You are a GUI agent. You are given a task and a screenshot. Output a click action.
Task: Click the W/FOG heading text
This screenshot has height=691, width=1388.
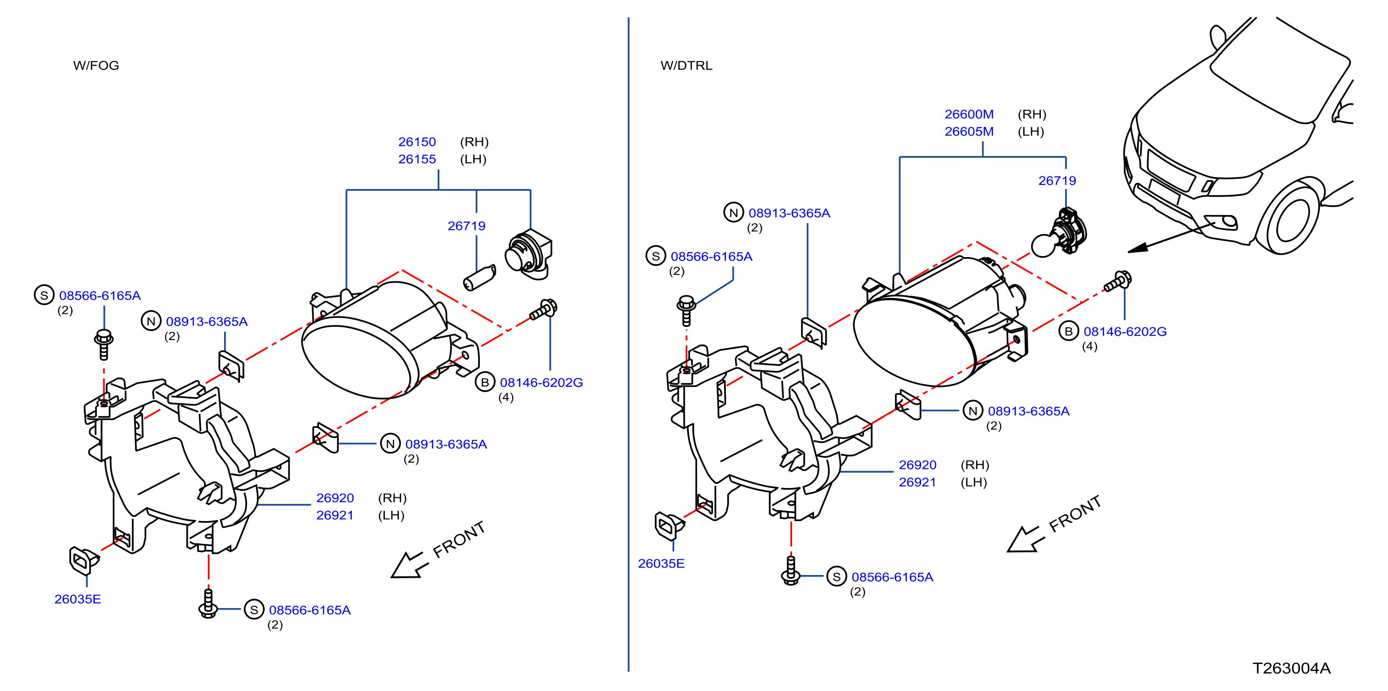tap(96, 65)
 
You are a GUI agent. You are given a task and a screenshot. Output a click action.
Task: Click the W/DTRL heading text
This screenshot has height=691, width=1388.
tap(686, 65)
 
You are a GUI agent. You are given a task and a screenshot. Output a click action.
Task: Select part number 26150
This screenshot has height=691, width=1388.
tap(417, 142)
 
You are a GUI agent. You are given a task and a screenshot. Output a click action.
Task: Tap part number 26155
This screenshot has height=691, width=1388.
tap(417, 159)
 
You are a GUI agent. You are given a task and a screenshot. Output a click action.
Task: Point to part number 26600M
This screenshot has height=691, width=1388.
tap(969, 114)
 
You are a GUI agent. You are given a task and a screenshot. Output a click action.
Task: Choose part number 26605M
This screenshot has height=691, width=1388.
tap(969, 131)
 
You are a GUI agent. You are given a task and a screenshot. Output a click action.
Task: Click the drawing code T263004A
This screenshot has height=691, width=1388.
tap(1291, 668)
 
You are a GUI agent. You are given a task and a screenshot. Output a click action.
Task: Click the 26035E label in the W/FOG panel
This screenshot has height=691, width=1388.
tap(78, 599)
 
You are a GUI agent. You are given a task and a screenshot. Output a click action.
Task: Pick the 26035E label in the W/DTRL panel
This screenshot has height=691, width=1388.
tap(661, 563)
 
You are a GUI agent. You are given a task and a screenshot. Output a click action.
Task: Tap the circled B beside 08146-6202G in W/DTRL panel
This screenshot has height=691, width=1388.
tap(1068, 331)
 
